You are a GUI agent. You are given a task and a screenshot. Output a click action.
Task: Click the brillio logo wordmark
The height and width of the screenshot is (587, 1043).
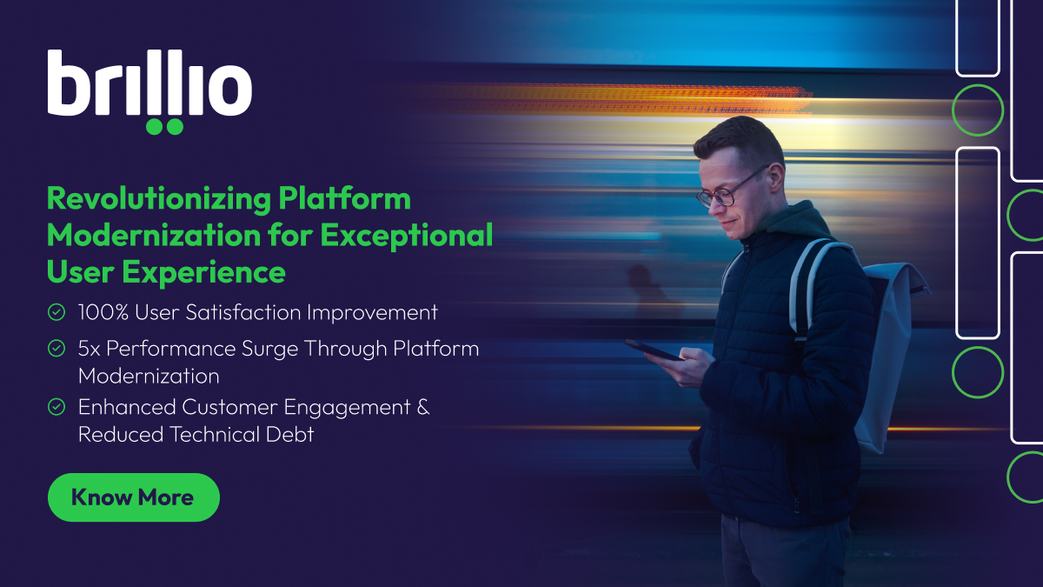149,84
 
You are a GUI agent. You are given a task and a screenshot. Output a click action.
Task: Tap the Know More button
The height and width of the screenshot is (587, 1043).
133,497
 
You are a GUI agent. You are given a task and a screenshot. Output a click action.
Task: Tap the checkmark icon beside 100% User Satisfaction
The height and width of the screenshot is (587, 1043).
56,311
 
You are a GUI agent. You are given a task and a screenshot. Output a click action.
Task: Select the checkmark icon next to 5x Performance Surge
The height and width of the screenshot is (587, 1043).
56,349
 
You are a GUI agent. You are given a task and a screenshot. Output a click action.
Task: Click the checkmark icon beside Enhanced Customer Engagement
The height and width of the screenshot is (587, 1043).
56,407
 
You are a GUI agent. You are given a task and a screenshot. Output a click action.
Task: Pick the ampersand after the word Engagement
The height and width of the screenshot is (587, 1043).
422,407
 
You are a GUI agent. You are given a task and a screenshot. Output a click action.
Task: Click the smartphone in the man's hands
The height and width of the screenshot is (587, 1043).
654,350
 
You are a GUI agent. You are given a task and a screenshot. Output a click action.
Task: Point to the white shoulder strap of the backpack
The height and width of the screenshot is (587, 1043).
804,278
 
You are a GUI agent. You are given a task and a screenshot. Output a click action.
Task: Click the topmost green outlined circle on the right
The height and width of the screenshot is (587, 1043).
978,110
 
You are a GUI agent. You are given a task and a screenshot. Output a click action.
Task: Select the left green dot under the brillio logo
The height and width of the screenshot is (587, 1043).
155,126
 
